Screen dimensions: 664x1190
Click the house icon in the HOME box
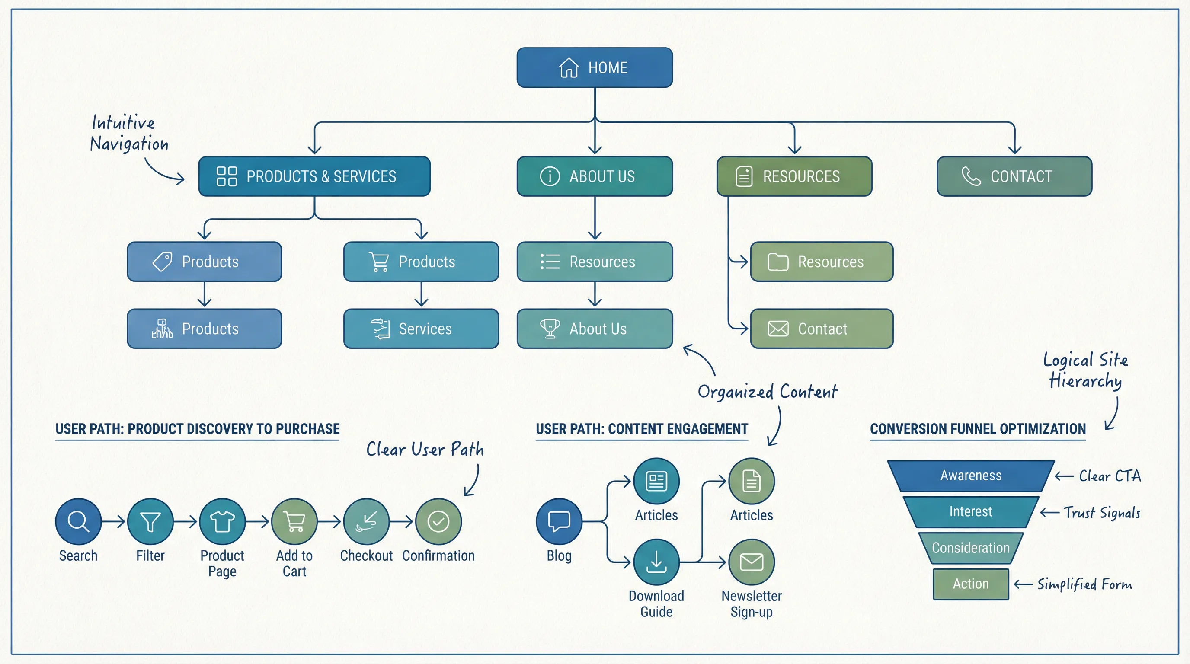(x=569, y=68)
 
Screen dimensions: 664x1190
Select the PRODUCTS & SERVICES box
(x=314, y=176)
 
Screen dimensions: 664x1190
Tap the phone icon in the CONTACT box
(x=971, y=176)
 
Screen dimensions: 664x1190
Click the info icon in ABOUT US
(x=550, y=176)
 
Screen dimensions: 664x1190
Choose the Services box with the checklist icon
(x=421, y=329)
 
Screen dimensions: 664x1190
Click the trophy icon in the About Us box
(x=550, y=329)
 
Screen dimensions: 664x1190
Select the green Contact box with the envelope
(x=821, y=329)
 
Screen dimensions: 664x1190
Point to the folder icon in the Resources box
(x=778, y=262)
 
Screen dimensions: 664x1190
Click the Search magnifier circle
(x=78, y=521)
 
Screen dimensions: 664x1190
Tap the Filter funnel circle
(x=150, y=521)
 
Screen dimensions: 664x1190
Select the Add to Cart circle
(x=294, y=521)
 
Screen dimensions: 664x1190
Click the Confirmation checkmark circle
(x=438, y=521)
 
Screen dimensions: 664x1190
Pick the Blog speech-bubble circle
(x=559, y=521)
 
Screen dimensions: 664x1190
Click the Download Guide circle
(x=656, y=562)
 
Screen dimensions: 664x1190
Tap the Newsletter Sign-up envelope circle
(x=751, y=562)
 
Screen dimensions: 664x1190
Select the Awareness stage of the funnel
(x=971, y=476)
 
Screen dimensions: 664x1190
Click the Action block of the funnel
(x=971, y=584)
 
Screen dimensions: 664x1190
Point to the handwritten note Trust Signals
(x=1102, y=513)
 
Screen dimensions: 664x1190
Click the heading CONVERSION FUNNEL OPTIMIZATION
(x=978, y=429)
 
